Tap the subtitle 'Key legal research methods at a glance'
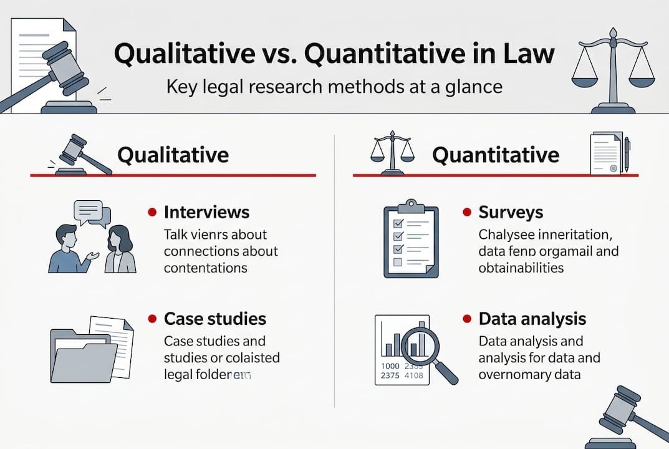click(334, 86)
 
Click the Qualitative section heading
click(173, 154)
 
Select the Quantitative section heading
click(496, 154)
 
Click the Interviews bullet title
click(206, 212)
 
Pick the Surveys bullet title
click(511, 212)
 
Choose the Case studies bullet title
click(214, 319)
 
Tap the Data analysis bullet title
click(532, 319)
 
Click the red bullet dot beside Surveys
click(466, 213)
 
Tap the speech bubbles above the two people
click(92, 213)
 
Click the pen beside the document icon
click(627, 153)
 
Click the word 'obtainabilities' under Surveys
click(521, 268)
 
